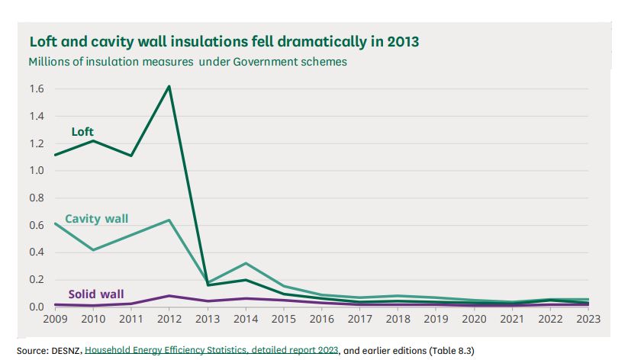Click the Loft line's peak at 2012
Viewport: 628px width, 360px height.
169,85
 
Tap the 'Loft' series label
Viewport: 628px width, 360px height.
82,132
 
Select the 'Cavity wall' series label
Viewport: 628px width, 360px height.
96,219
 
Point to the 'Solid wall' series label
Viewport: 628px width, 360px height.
95,294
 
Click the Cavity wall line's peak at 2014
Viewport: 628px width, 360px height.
246,263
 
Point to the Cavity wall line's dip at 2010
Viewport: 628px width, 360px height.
92,250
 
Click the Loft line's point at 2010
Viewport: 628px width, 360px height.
92,140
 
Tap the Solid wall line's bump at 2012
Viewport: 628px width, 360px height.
169,296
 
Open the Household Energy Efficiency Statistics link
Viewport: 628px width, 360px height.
211,349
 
